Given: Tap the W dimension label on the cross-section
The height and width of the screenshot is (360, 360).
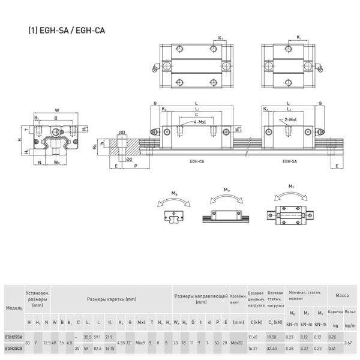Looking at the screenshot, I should tap(56, 110).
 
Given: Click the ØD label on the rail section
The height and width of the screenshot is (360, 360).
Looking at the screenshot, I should tap(121, 133).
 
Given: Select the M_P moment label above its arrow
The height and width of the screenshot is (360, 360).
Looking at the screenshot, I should tap(227, 190).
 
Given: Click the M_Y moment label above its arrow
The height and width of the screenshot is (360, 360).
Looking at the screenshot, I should tap(292, 187).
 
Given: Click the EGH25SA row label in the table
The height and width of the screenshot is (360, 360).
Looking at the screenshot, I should tap(13, 337).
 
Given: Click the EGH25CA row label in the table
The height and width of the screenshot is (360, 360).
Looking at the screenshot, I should tap(13, 348).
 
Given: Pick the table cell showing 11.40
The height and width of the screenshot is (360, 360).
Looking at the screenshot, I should tap(253, 337).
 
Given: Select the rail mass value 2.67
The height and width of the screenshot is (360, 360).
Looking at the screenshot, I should tap(347, 343).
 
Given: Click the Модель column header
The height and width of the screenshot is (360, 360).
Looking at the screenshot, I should tap(13, 307).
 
